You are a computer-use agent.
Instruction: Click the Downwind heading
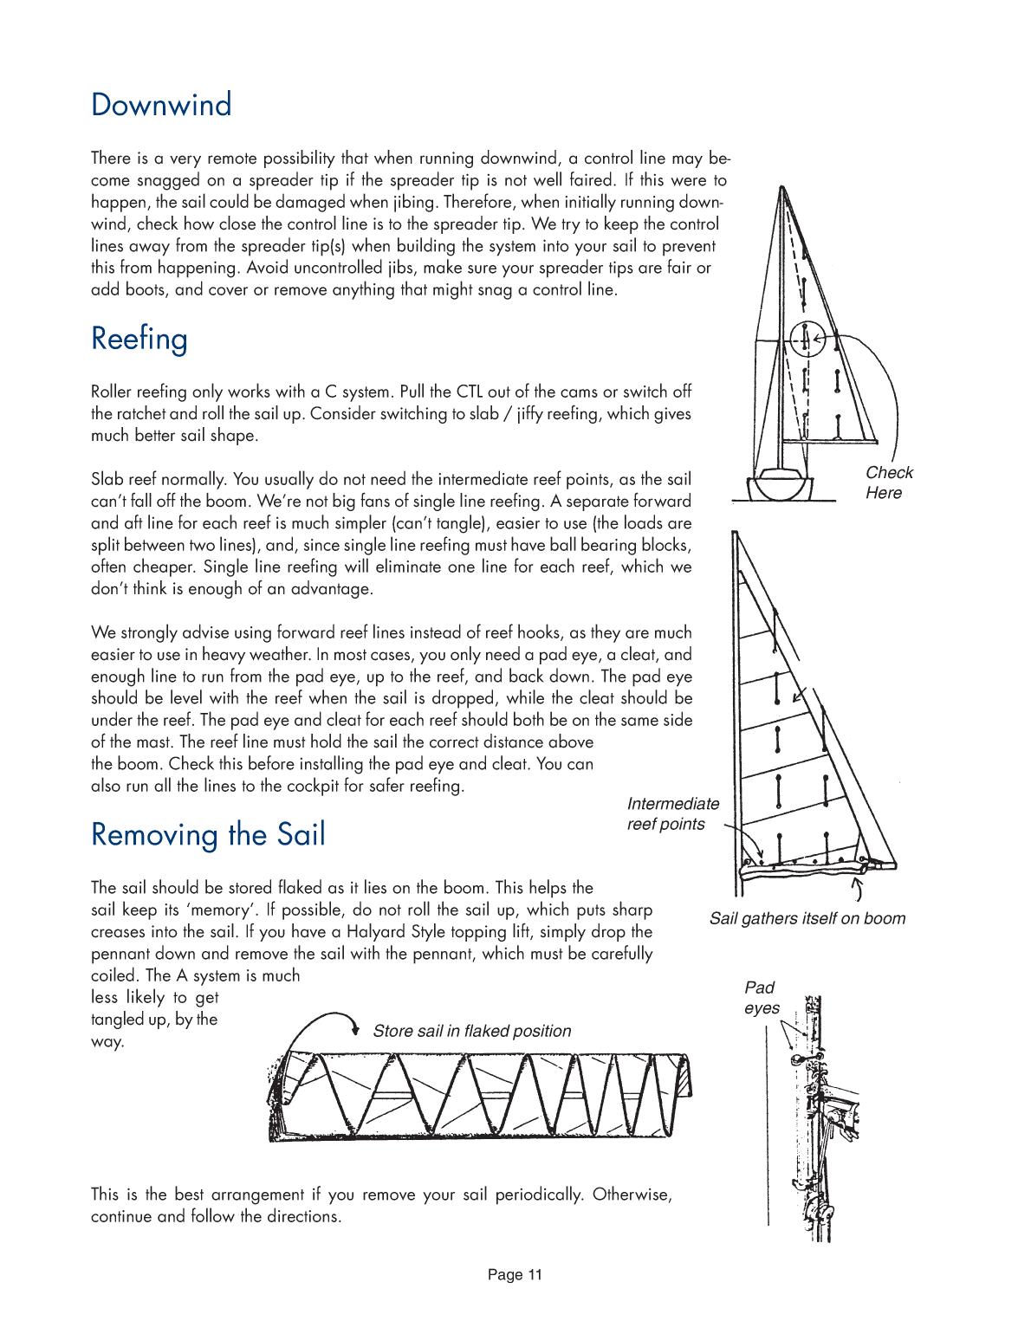pos(161,105)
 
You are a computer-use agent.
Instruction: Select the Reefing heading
pos(139,339)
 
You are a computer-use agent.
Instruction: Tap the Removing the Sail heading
pos(208,834)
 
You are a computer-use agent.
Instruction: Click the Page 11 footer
pos(515,1274)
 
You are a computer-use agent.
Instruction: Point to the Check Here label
pos(888,482)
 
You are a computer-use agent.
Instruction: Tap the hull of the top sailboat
pos(782,487)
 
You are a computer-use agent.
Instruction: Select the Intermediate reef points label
pos(672,813)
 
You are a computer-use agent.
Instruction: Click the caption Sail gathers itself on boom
pos(807,918)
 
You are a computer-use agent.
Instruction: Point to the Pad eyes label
pos(761,997)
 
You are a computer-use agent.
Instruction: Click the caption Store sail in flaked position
pos(471,1031)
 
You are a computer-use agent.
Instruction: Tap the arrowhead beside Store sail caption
pos(355,1028)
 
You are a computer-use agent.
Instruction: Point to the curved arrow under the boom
pos(858,889)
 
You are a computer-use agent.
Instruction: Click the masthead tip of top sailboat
pos(782,189)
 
